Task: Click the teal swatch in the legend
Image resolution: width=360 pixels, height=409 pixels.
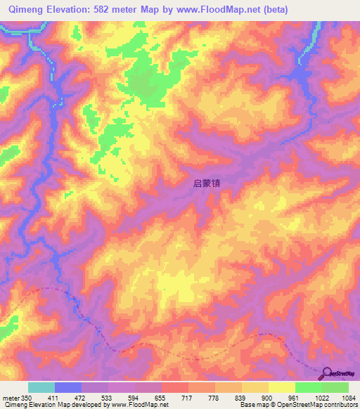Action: (x=41, y=387)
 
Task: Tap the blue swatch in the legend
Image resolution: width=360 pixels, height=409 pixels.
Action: (x=68, y=387)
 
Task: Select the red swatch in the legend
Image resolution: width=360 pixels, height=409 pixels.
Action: (x=174, y=387)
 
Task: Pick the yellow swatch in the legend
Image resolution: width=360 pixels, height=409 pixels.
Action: (x=281, y=387)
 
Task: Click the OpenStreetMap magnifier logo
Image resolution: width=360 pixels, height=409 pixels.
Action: (x=328, y=375)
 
